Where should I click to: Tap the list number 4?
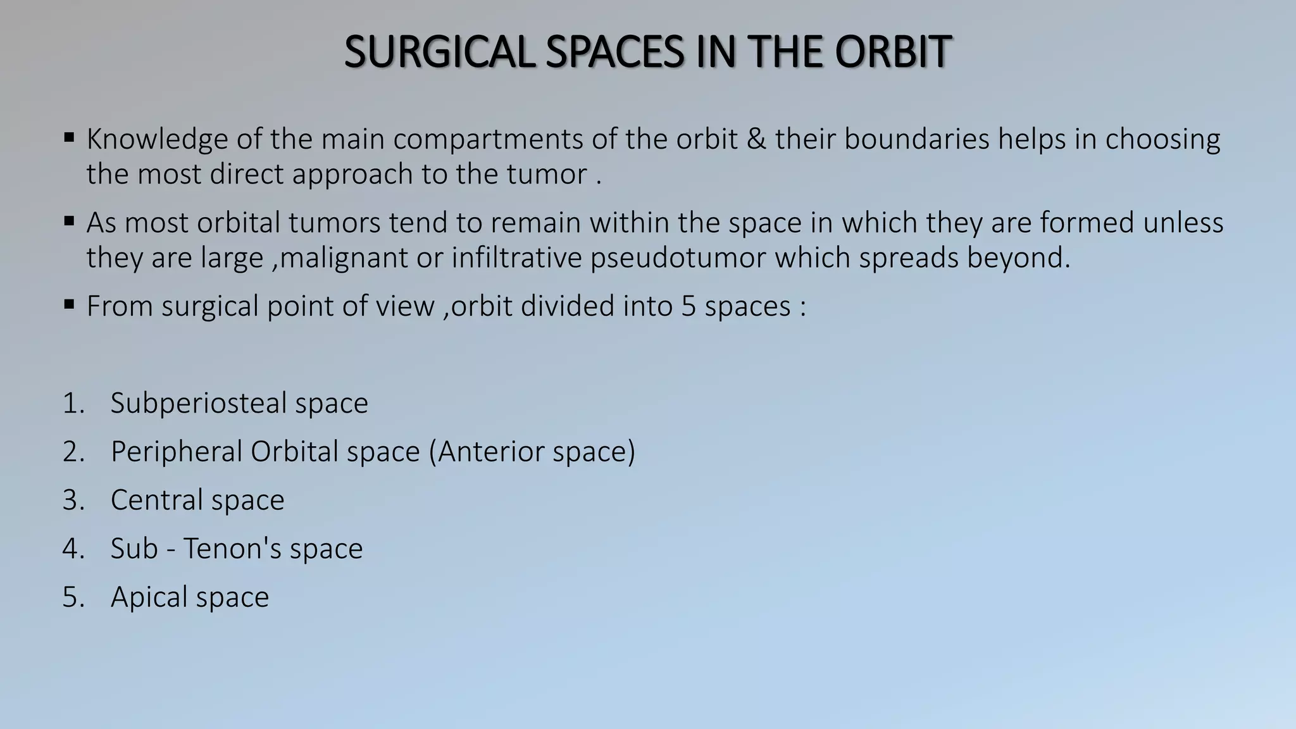[72, 549]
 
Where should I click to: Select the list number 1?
[72, 404]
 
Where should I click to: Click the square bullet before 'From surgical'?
[70, 305]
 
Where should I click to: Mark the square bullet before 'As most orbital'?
[70, 221]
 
